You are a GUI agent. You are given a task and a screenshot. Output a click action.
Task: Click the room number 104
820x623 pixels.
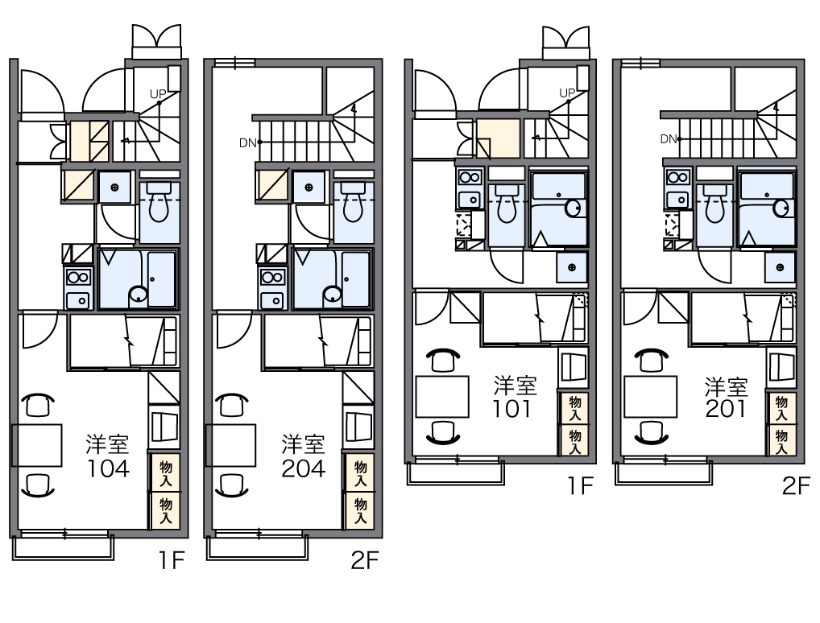[108, 468]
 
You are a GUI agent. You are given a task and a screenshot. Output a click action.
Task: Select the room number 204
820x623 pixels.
[304, 468]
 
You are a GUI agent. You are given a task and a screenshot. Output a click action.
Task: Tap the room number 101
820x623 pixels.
[512, 409]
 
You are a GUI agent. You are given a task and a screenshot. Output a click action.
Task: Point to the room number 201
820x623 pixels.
[725, 409]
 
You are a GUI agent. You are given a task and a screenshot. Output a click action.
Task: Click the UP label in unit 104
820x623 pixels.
[157, 94]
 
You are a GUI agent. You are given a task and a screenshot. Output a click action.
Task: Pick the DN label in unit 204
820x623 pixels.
[247, 142]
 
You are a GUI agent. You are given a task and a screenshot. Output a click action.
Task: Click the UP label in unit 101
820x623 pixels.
[567, 93]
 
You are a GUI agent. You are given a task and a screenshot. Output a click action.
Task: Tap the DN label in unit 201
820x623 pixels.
[669, 139]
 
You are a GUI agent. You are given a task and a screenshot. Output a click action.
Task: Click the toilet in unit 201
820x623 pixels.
[715, 204]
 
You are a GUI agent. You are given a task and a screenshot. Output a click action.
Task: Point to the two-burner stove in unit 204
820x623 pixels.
[272, 278]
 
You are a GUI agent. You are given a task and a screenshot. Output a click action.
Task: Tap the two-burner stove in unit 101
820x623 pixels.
[470, 177]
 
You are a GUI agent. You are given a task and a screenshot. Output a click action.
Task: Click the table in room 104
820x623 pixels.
[36, 445]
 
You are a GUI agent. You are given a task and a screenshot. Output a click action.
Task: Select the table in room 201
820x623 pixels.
[651, 397]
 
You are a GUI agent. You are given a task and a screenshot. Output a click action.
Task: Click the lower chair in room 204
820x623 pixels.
[232, 485]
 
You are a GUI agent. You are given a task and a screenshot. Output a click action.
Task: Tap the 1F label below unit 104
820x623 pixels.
[172, 561]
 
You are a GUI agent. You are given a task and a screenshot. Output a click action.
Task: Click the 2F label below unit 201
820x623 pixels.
[795, 486]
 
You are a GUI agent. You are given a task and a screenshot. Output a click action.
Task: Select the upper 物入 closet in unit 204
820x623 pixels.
[360, 473]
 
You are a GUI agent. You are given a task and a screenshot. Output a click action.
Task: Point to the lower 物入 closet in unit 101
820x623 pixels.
[575, 440]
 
